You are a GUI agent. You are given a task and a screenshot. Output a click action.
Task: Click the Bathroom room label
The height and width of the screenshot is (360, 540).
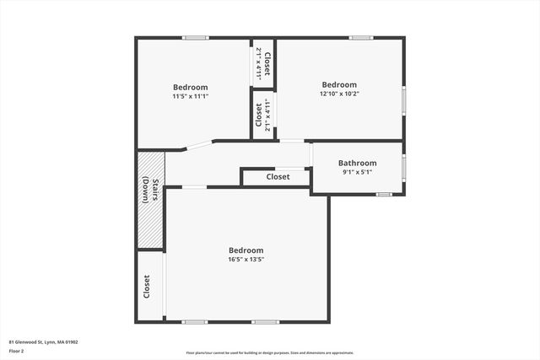pyautogui.click(x=357, y=163)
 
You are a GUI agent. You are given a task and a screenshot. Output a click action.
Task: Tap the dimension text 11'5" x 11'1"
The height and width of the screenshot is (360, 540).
pyautogui.click(x=190, y=96)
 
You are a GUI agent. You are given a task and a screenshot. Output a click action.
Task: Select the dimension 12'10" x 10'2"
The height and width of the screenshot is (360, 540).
pyautogui.click(x=339, y=94)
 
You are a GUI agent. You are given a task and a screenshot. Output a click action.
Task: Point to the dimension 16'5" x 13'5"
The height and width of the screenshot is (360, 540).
pyautogui.click(x=246, y=260)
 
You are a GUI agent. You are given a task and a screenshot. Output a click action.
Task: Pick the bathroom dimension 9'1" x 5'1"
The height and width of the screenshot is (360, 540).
pyautogui.click(x=357, y=172)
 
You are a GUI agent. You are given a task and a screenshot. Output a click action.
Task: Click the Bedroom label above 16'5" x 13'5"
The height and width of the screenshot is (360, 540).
pyautogui.click(x=246, y=250)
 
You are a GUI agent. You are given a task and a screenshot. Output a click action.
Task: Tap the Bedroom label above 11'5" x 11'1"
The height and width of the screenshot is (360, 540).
pyautogui.click(x=190, y=87)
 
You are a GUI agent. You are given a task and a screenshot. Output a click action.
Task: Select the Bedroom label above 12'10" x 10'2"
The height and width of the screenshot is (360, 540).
pyautogui.click(x=339, y=84)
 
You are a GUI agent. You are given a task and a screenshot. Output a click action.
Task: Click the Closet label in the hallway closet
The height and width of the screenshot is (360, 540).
pyautogui.click(x=278, y=177)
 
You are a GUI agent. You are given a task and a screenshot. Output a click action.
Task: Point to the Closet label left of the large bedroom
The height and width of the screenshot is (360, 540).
pyautogui.click(x=147, y=287)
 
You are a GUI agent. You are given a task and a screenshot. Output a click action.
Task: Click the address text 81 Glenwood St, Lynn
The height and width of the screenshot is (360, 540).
pyautogui.click(x=43, y=341)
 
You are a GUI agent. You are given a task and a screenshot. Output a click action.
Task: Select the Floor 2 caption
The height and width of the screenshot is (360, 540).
pyautogui.click(x=17, y=350)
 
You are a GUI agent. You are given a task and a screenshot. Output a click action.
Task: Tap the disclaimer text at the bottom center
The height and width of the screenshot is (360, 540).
pyautogui.click(x=270, y=352)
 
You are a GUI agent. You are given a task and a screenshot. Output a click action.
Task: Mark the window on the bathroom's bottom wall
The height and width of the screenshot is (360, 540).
pyautogui.click(x=384, y=195)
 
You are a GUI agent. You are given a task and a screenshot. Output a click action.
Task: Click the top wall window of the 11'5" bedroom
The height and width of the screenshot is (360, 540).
pyautogui.click(x=196, y=37)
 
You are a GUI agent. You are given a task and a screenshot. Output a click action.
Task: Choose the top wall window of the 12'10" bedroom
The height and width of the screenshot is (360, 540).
pyautogui.click(x=361, y=37)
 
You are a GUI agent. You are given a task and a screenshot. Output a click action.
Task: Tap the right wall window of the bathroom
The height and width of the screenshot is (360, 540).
pyautogui.click(x=404, y=167)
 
